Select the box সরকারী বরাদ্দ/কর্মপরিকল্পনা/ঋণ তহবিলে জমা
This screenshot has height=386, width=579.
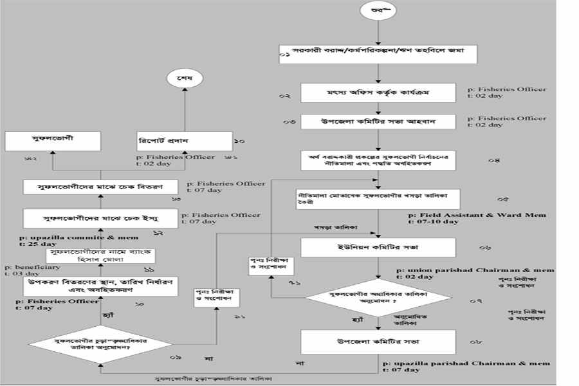pyautogui.click(x=378, y=55)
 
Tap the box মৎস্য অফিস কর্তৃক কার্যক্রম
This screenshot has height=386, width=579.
pyautogui.click(x=378, y=93)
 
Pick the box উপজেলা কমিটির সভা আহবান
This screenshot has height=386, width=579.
pyautogui.click(x=378, y=122)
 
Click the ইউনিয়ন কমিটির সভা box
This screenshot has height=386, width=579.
pyautogui.click(x=378, y=247)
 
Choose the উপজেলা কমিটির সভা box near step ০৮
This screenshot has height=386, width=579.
pyautogui.click(x=378, y=342)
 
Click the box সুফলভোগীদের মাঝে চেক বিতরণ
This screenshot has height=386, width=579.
pyautogui.click(x=100, y=187)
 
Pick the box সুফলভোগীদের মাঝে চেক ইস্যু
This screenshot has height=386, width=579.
pyautogui.click(x=100, y=218)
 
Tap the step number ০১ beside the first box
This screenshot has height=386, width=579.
pyautogui.click(x=284, y=57)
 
